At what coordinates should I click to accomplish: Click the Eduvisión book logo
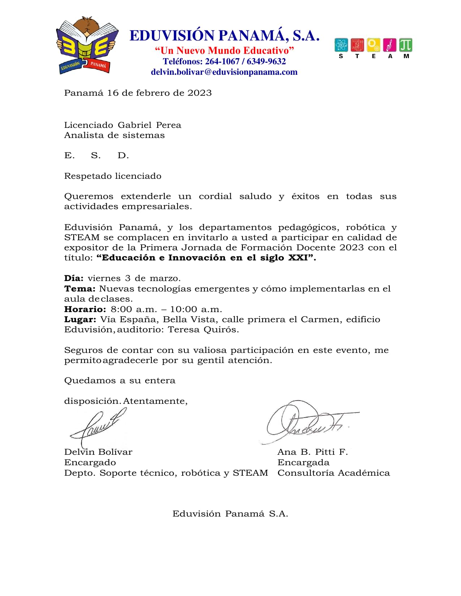pyautogui.click(x=87, y=46)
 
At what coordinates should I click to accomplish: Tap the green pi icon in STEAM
pyautogui.click(x=406, y=45)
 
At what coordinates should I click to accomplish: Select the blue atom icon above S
pyautogui.click(x=341, y=45)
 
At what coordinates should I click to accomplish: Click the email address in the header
pyautogui.click(x=224, y=72)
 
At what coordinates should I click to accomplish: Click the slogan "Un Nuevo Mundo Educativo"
pyautogui.click(x=224, y=51)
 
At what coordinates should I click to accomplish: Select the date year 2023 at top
pyautogui.click(x=199, y=93)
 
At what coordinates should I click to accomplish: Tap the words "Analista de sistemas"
pyautogui.click(x=114, y=135)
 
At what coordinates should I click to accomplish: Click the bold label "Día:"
pyautogui.click(x=74, y=278)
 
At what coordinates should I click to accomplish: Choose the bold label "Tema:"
pyautogui.click(x=80, y=289)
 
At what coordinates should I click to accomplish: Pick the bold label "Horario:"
pyautogui.click(x=85, y=309)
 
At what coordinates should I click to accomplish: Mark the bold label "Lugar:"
pyautogui.click(x=80, y=319)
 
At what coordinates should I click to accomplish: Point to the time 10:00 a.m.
pyautogui.click(x=196, y=309)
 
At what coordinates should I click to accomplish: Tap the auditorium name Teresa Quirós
pyautogui.click(x=203, y=329)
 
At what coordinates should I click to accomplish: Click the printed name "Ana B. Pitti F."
pyautogui.click(x=312, y=452)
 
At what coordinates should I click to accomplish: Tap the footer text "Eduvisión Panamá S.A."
pyautogui.click(x=230, y=514)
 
